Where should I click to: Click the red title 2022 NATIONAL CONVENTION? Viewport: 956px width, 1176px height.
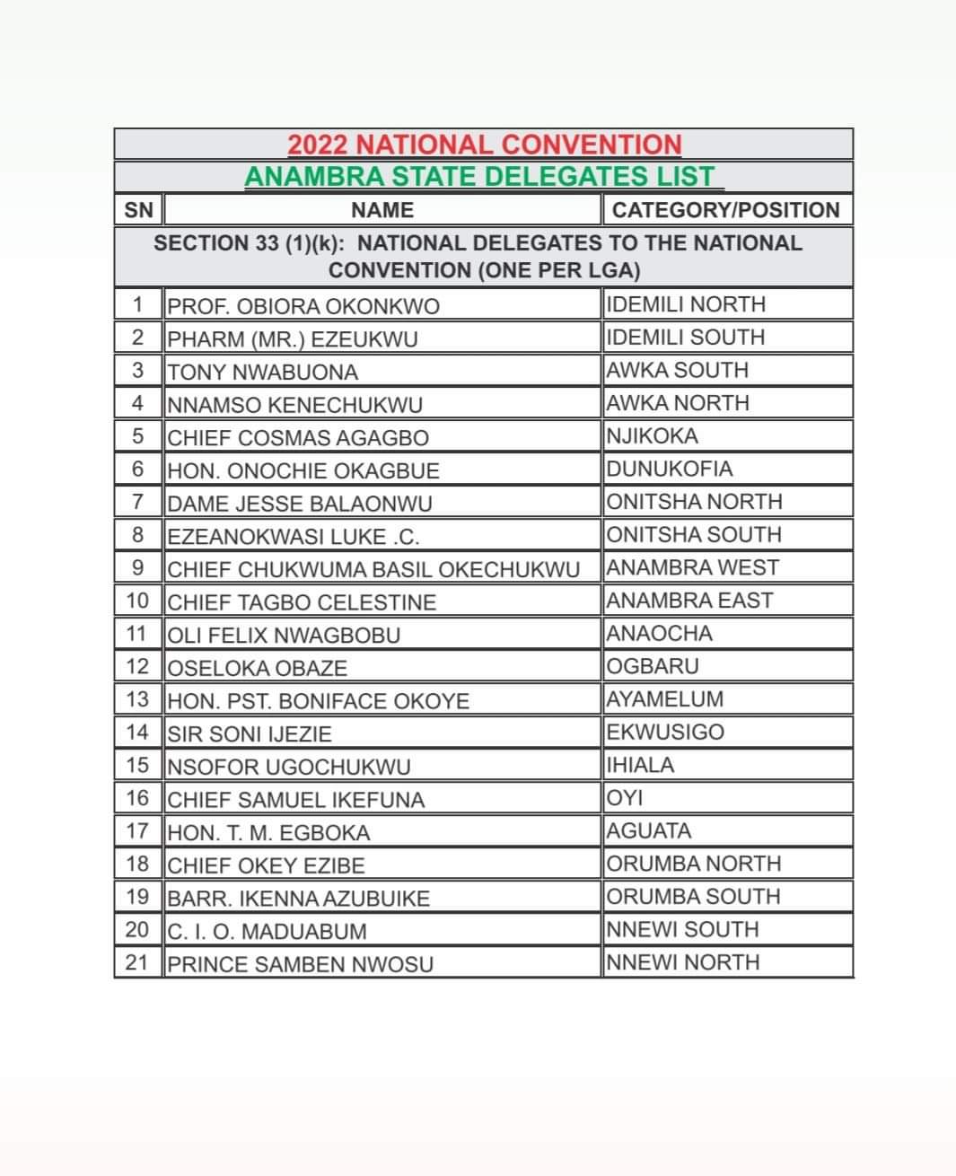tap(485, 145)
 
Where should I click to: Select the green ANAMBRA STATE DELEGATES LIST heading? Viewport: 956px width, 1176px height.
tap(482, 177)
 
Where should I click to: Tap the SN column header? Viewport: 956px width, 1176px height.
tap(137, 210)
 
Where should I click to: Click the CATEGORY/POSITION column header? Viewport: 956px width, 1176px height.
tap(725, 210)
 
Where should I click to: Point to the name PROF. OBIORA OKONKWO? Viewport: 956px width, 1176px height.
tap(303, 306)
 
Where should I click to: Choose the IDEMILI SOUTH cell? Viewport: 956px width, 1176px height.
tap(686, 338)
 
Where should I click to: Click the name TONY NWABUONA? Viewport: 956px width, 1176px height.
tap(263, 372)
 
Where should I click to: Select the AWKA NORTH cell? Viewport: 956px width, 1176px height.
tap(678, 403)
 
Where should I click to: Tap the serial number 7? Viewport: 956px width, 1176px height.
tap(137, 502)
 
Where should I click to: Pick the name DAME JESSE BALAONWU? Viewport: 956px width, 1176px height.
tap(300, 504)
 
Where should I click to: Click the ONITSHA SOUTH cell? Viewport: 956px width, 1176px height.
tap(694, 535)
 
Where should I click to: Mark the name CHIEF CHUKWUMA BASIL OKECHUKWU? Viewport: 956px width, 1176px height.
tap(373, 569)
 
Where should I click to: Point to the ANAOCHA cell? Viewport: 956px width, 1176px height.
tap(660, 634)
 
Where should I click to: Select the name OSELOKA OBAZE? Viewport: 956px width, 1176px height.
tap(258, 668)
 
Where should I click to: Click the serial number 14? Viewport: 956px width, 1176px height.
tap(137, 733)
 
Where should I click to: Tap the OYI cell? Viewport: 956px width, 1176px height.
tap(626, 798)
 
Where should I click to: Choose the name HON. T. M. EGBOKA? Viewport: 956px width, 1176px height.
tap(269, 833)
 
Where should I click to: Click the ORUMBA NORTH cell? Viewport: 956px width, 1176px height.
tap(694, 864)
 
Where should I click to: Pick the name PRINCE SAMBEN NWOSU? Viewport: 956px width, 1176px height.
tap(301, 964)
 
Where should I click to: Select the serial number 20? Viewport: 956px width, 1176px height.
tap(137, 930)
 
